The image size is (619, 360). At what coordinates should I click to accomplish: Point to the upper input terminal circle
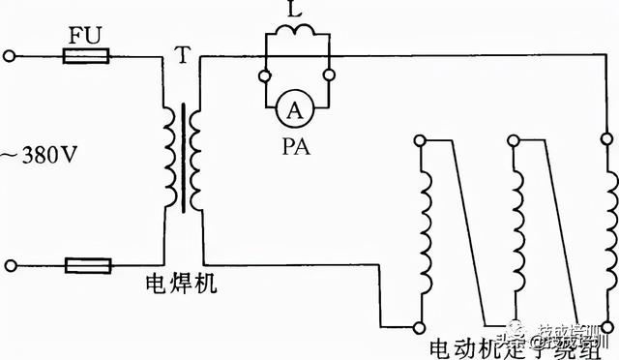(11, 57)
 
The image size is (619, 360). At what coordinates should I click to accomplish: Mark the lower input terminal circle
(11, 264)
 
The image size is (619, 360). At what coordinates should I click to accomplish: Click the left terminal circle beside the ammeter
(265, 75)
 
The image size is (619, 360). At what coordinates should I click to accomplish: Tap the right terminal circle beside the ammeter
(331, 75)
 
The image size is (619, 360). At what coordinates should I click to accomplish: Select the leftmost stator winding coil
(423, 232)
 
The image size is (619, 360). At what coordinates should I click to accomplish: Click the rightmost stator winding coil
(609, 232)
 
